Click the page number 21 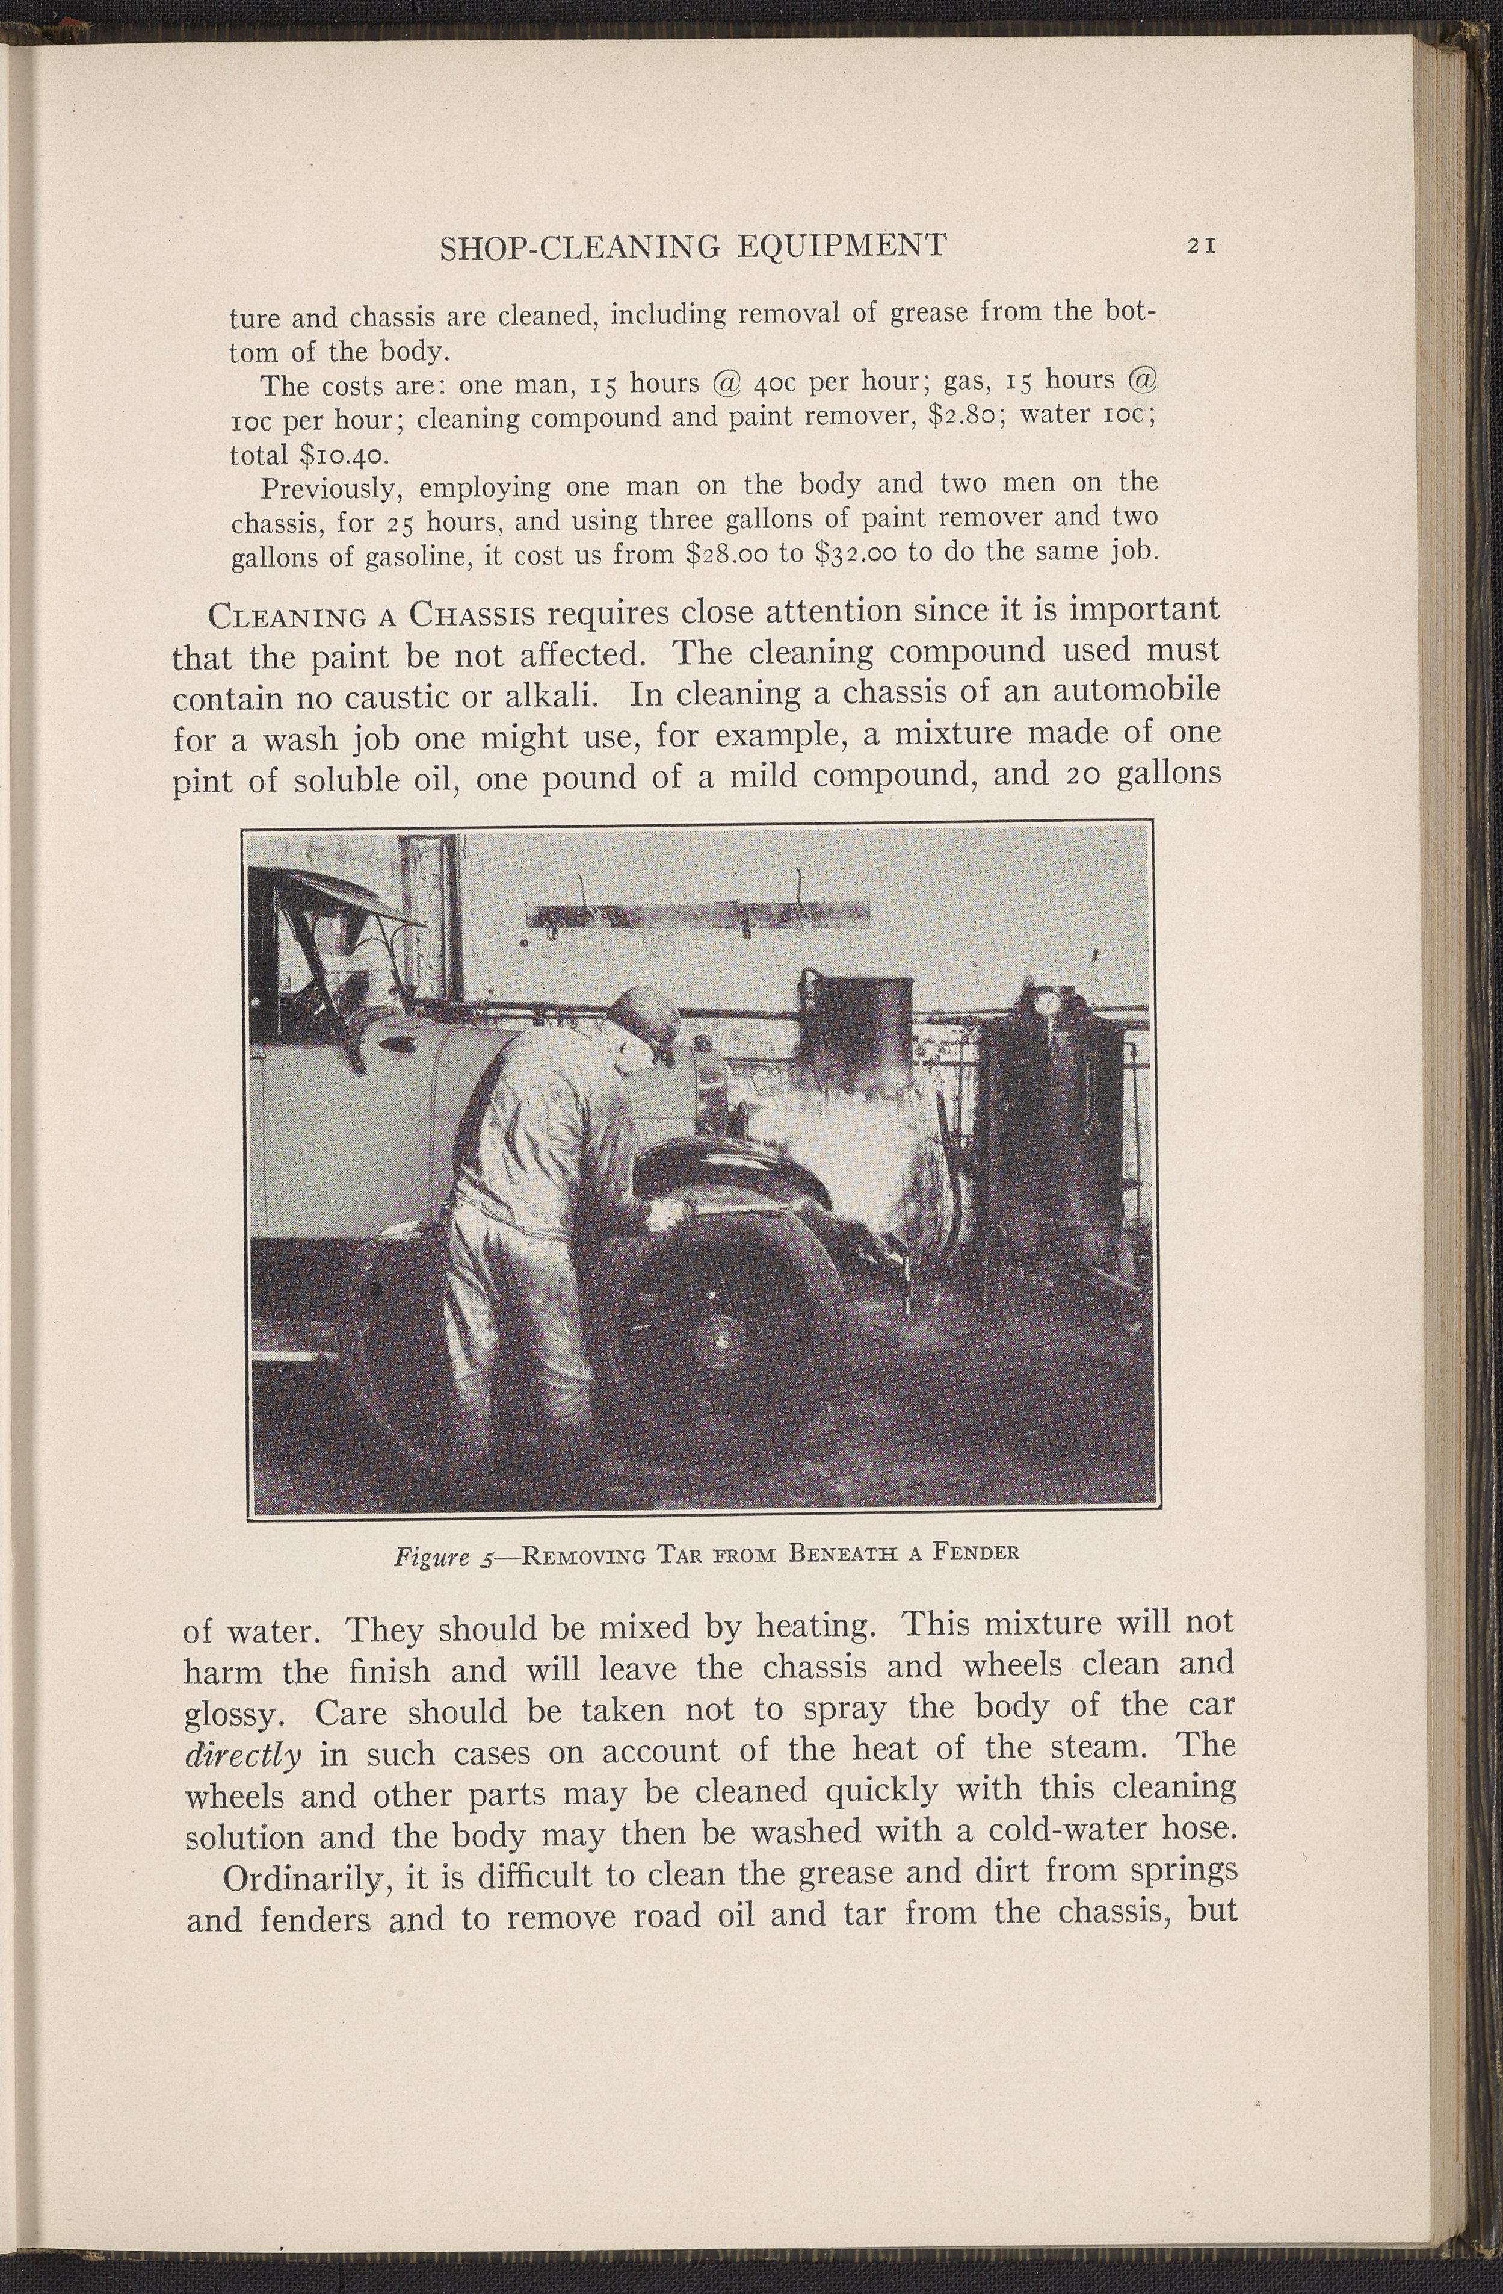coord(1202,245)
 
